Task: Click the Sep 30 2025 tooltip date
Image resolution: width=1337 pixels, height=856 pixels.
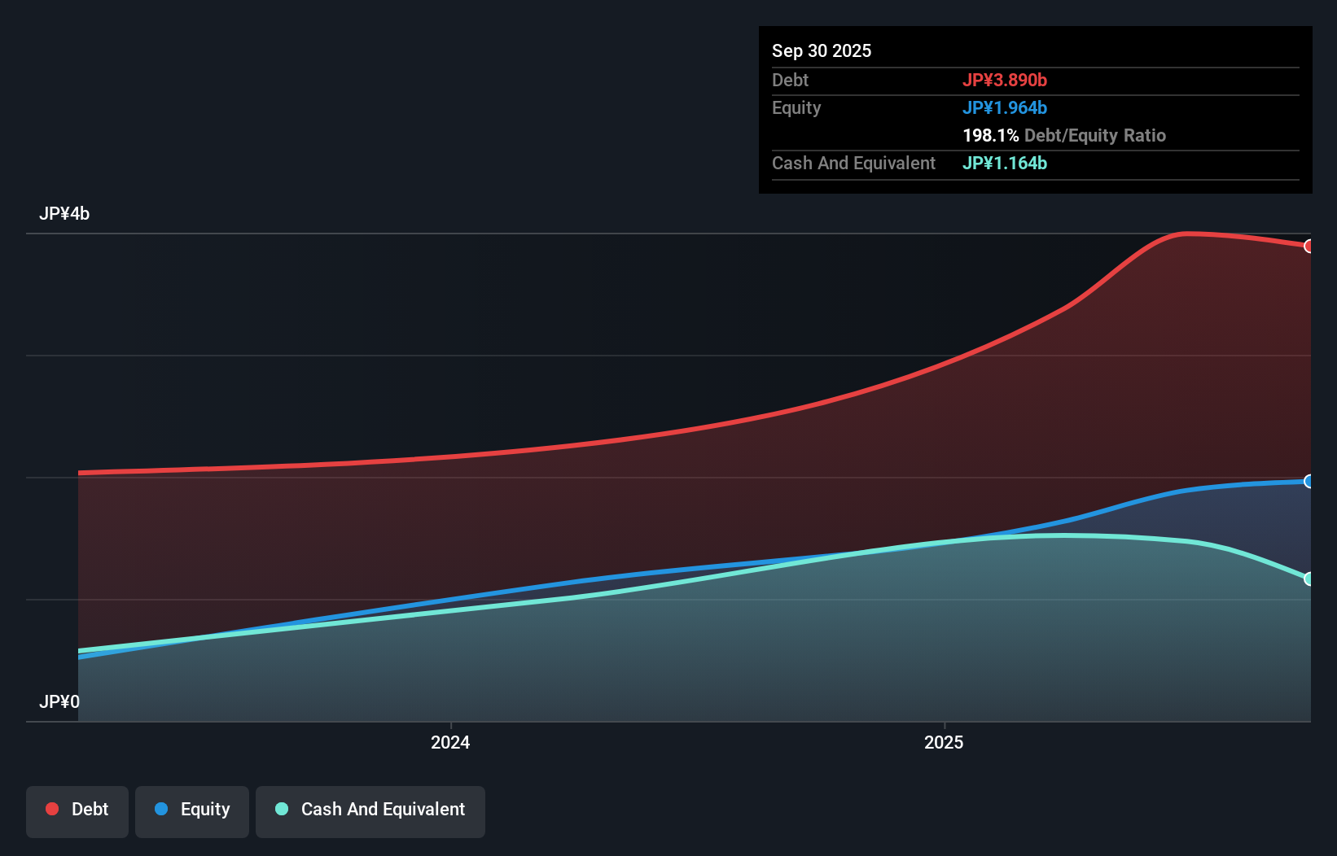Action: (x=821, y=50)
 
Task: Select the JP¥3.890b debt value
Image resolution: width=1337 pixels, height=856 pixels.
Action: (x=1004, y=80)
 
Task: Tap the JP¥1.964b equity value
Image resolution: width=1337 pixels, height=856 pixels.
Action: (x=1004, y=107)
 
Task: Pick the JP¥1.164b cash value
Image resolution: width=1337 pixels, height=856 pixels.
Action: (x=1004, y=163)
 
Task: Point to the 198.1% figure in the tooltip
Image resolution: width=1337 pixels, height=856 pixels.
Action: (x=990, y=135)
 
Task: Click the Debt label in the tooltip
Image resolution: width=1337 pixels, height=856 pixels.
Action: (x=790, y=80)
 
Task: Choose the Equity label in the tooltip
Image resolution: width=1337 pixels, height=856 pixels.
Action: (x=796, y=107)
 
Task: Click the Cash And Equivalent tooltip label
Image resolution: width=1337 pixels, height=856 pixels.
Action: (x=853, y=163)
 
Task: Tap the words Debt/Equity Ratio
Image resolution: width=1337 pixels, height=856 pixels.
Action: (x=1094, y=135)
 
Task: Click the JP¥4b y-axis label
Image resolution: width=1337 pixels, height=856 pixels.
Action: (x=64, y=213)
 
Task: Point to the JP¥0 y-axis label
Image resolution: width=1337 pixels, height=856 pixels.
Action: (x=59, y=701)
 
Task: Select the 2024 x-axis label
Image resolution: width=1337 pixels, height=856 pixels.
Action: (x=450, y=742)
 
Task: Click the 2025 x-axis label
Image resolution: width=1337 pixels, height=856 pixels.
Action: (x=944, y=742)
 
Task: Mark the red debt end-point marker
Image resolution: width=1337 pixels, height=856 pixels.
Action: (x=1309, y=246)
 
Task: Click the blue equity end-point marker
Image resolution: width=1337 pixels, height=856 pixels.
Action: (x=1309, y=481)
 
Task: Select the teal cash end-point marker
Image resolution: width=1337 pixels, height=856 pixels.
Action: (x=1309, y=579)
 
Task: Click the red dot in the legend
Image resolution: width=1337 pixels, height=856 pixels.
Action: (x=52, y=809)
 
